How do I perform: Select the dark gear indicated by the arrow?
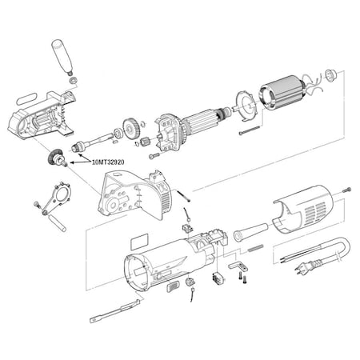click(57, 158)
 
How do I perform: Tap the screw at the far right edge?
click(346, 190)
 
